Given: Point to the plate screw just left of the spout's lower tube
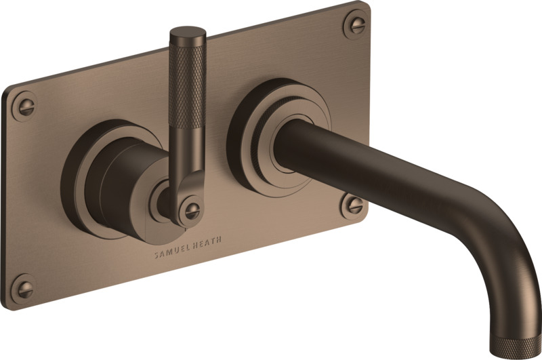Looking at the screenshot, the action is (352, 206).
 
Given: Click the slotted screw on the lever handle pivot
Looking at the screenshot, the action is (191, 209).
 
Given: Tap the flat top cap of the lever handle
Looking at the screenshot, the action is (188, 32).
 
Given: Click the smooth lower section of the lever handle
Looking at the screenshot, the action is (187, 152).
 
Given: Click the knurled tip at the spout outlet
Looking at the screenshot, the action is (516, 347).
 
